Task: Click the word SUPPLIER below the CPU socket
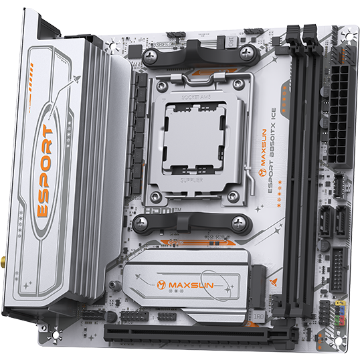click(x=193, y=181)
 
